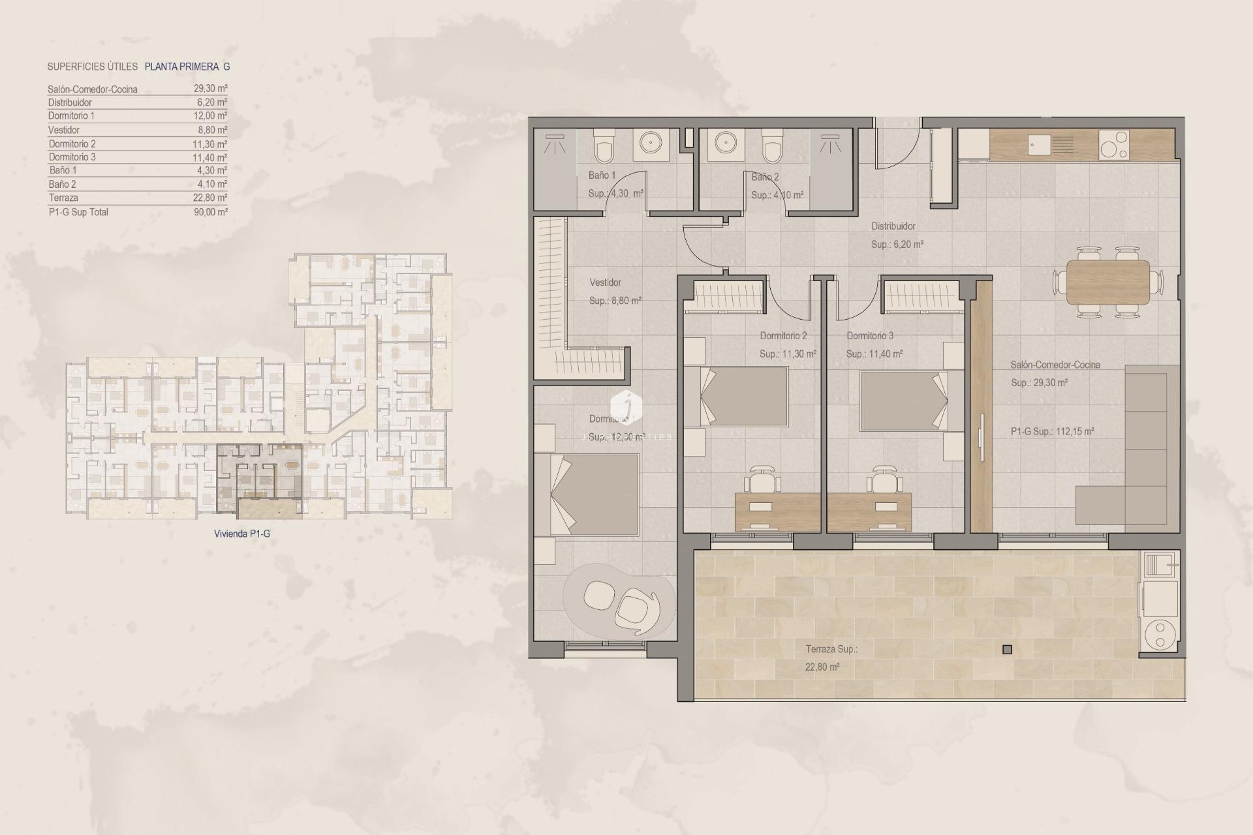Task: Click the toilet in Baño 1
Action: [603, 146]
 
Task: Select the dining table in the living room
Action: [1107, 281]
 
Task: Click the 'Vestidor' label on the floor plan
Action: [605, 282]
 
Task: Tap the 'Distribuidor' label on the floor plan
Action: [893, 226]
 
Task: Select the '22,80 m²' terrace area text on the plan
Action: [822, 667]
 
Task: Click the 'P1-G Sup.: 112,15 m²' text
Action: [1052, 431]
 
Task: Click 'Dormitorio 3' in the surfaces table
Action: [72, 157]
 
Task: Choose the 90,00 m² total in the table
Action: [210, 212]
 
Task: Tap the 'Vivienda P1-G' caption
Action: [241, 534]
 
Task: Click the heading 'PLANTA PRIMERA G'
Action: [187, 67]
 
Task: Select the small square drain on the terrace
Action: [1007, 649]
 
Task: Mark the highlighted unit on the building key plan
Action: [260, 479]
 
